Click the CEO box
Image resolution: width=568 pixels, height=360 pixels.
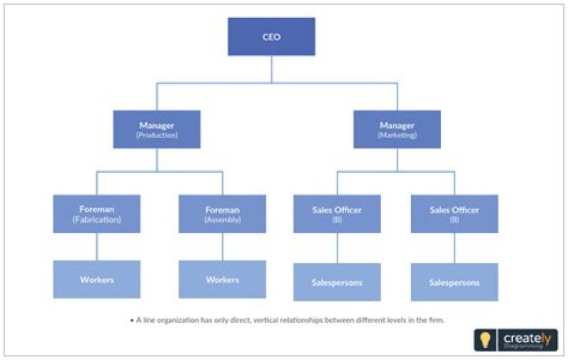coord(271,36)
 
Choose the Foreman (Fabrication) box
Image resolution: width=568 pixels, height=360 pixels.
coord(97,214)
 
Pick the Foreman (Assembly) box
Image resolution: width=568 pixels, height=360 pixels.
coord(222,214)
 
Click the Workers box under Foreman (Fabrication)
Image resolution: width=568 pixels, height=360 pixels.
coord(97,279)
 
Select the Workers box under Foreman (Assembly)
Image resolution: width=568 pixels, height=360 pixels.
coord(222,279)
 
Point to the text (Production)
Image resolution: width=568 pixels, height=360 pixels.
coord(156,136)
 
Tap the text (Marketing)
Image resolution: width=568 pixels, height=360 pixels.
coord(397,136)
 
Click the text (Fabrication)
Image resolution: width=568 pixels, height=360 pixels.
coord(97,219)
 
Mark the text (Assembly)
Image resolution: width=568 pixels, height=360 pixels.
coord(222,219)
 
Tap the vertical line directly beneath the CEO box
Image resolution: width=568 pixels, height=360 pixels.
coord(271,69)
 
